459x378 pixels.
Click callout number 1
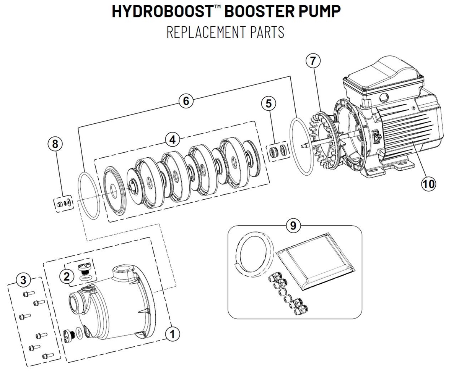173,334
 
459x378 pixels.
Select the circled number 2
67,276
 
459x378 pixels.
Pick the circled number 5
269,103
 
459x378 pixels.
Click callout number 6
186,101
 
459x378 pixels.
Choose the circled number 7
313,61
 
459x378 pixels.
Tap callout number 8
55,144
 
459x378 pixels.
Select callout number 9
293,225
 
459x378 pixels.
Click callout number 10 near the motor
428,184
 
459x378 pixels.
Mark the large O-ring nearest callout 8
89,195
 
